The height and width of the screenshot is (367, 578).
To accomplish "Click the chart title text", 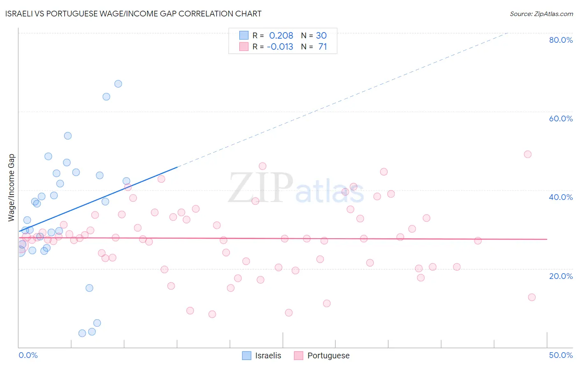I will click(x=134, y=14).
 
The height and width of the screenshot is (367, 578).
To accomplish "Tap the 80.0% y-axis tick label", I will click(x=561, y=40).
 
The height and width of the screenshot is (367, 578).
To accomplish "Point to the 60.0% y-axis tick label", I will click(x=561, y=118).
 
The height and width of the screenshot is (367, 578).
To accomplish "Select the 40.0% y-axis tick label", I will click(x=561, y=197).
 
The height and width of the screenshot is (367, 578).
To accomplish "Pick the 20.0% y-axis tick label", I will click(x=561, y=276).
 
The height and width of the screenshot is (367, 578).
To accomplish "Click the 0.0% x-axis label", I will click(x=28, y=355).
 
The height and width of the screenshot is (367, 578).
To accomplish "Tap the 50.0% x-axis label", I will click(x=561, y=355).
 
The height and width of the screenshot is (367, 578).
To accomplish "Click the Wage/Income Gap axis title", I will click(x=11, y=188).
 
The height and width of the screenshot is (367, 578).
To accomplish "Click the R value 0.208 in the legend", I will click(x=281, y=35).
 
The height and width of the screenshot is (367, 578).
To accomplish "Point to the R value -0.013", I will click(x=280, y=46).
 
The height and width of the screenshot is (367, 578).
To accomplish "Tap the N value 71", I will click(x=322, y=46).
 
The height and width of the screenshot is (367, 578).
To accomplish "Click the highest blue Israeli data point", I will click(x=118, y=84).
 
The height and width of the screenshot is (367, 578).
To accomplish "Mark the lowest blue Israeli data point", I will click(x=82, y=333).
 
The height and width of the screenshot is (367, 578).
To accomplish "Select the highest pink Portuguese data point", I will click(x=527, y=154).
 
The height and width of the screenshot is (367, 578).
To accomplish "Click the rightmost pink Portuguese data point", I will click(x=532, y=297).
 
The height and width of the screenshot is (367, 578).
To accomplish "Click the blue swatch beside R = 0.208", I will click(x=244, y=35).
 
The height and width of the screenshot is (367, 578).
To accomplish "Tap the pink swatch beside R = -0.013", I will click(x=244, y=46).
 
